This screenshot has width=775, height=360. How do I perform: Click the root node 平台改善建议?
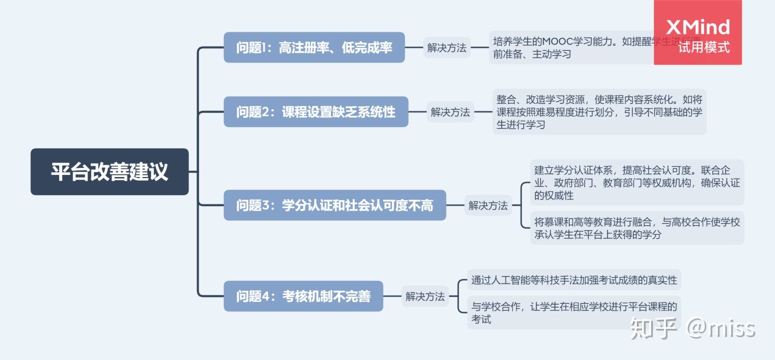coord(109,172)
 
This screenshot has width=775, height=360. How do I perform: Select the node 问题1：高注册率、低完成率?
coord(314,47)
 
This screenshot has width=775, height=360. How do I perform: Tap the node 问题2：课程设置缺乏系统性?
coord(316,112)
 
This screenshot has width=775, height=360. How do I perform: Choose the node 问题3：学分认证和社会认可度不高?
coord(335,205)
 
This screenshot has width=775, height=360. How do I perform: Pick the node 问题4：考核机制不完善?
coord(303,296)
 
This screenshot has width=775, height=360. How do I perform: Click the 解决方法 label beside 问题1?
coord(447,47)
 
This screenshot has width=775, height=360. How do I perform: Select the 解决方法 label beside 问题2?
coord(450,112)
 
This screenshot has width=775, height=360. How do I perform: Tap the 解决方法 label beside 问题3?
coord(488,205)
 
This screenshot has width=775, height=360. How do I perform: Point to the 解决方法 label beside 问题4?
coord(425,296)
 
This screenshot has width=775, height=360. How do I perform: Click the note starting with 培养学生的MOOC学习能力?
coord(570,47)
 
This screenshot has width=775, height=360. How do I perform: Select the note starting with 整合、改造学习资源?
coord(599,112)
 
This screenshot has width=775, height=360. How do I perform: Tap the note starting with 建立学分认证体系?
coord(637,182)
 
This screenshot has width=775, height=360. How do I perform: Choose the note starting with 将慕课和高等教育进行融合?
coord(637,228)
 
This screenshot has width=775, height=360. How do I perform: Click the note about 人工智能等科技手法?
coord(574,280)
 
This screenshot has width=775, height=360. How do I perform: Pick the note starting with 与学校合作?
coord(574,313)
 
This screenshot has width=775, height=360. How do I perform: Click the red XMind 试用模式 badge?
coord(697,33)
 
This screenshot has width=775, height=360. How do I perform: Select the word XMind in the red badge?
coord(697,27)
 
